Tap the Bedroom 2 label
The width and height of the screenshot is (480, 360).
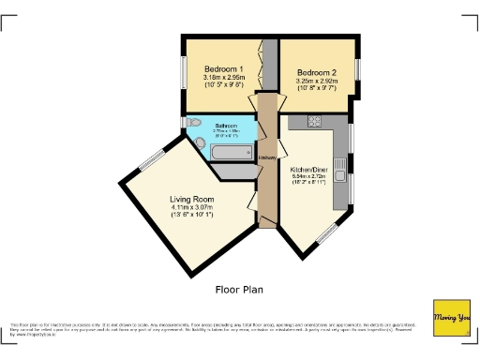[316, 72]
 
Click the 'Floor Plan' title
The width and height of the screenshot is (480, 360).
[239, 290]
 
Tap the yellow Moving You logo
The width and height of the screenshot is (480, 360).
[451, 318]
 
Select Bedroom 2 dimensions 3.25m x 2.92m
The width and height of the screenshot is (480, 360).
[316, 82]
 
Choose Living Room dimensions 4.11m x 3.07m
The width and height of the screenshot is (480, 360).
[191, 208]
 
